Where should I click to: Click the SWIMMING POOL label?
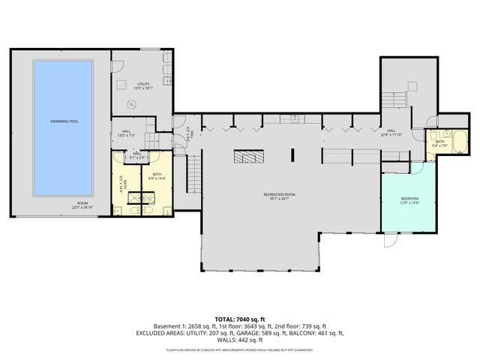pyautogui.click(x=63, y=121)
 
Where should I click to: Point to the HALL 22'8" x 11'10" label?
pyautogui.click(x=391, y=133)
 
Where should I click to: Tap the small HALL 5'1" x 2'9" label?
pyautogui.click(x=136, y=156)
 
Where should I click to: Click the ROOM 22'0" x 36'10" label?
pyautogui.click(x=80, y=205)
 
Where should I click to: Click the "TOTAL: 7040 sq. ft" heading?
pyautogui.click(x=239, y=319)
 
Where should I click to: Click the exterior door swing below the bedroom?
pyautogui.click(x=390, y=241)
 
